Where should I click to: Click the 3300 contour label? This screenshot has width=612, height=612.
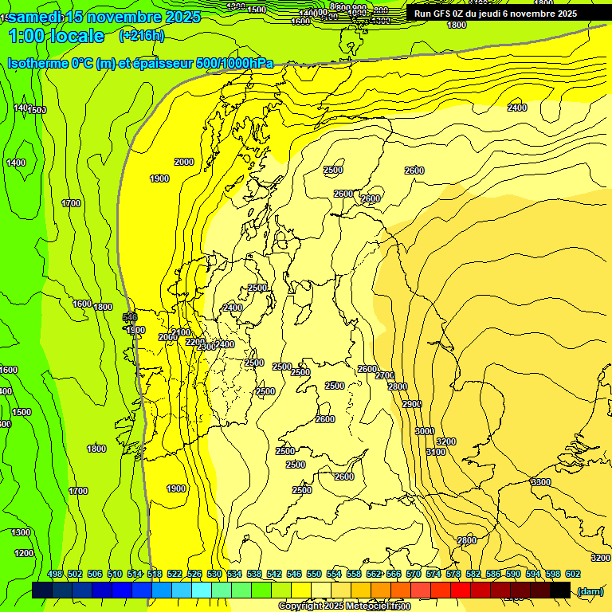pyautogui.click(x=540, y=482)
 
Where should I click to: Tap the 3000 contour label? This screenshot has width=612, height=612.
pyautogui.click(x=425, y=431)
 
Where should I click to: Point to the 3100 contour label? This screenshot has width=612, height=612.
pyautogui.click(x=436, y=452)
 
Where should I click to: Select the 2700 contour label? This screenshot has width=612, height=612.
pyautogui.click(x=385, y=375)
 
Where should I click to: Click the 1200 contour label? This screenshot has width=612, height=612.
pyautogui.click(x=23, y=553)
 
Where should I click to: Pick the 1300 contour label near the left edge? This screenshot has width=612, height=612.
pyautogui.click(x=21, y=532)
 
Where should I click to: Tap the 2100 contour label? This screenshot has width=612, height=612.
pyautogui.click(x=181, y=332)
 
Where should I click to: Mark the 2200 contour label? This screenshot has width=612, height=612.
pyautogui.click(x=195, y=342)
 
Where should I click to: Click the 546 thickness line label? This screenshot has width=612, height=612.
pyautogui.click(x=130, y=317)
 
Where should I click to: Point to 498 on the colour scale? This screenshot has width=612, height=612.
pyautogui.click(x=55, y=574)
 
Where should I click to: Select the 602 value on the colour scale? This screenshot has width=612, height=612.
pyautogui.click(x=573, y=574)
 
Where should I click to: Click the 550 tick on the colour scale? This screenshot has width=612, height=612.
pyautogui.click(x=314, y=574)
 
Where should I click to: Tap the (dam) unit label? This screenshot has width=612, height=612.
pyautogui.click(x=590, y=591)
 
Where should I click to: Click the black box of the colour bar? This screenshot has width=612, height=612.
pyautogui.click(x=560, y=590)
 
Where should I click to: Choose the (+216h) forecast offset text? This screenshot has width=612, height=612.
pyautogui.click(x=142, y=35)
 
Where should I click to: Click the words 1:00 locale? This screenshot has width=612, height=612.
pyautogui.click(x=57, y=36)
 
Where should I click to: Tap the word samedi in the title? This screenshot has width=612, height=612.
pyautogui.click(x=35, y=16)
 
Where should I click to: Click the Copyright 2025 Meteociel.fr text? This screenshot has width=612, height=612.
pyautogui.click(x=344, y=606)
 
